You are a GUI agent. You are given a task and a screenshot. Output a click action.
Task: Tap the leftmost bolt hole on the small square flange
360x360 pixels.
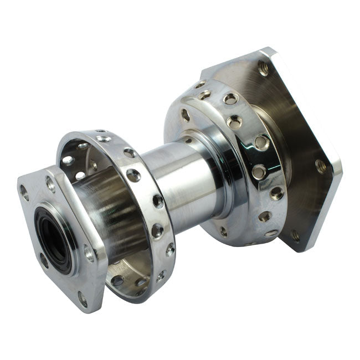[x=24, y=192]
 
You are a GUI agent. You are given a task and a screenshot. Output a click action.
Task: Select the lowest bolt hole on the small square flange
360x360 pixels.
[x=83, y=299]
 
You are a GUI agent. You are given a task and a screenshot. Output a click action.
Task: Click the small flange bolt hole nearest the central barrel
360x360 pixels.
[x=89, y=253]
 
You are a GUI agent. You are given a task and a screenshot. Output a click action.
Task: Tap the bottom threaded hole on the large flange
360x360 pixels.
[x=295, y=235]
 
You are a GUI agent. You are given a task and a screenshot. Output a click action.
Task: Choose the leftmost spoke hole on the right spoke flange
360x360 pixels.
[x=185, y=115]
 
